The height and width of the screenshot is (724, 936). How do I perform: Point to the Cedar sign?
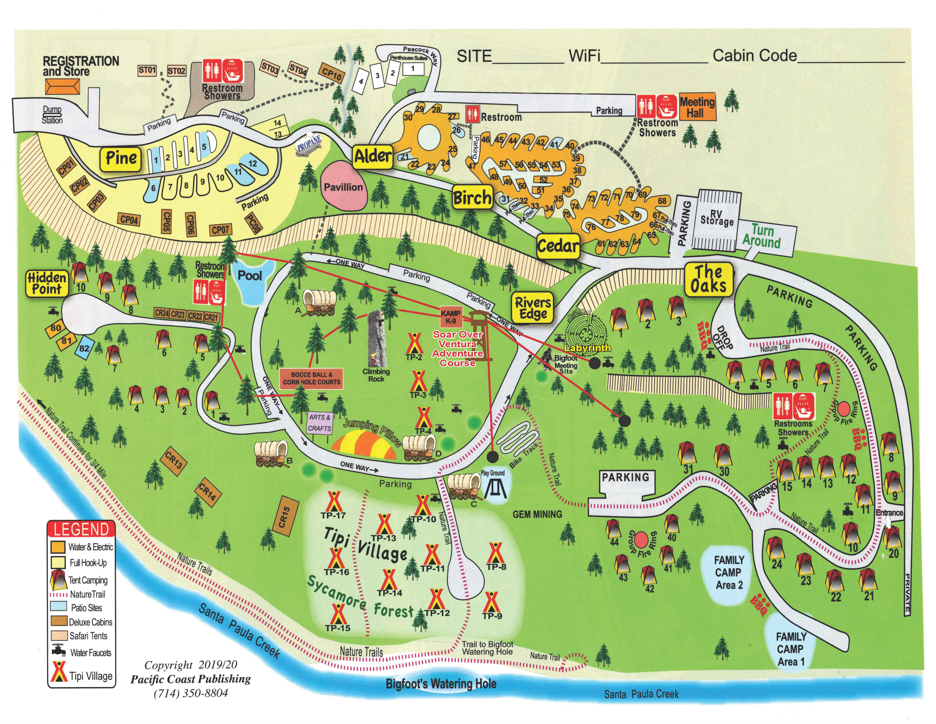click(558, 246)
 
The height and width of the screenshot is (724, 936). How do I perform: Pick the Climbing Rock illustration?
click(376, 339)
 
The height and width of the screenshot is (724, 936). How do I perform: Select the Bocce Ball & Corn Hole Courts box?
click(311, 378)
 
